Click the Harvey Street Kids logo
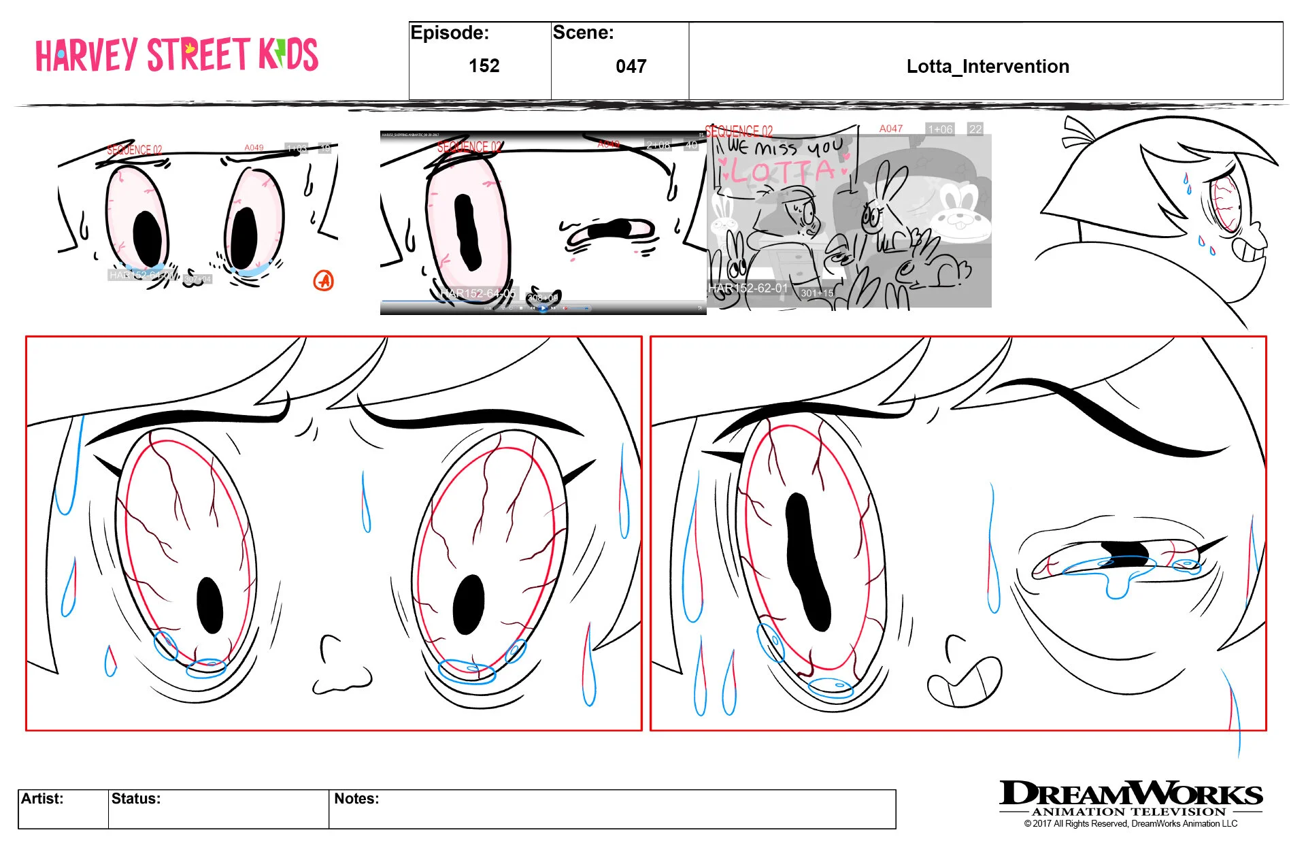point(177,55)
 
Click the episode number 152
point(484,66)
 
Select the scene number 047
point(631,67)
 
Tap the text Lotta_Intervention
point(987,67)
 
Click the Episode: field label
point(450,33)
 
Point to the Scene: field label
point(583,33)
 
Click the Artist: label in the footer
point(42,799)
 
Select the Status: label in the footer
point(136,799)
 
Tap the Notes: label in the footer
point(356,799)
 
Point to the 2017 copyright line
point(1131,824)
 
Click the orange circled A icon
point(324,280)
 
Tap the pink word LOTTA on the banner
point(782,171)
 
